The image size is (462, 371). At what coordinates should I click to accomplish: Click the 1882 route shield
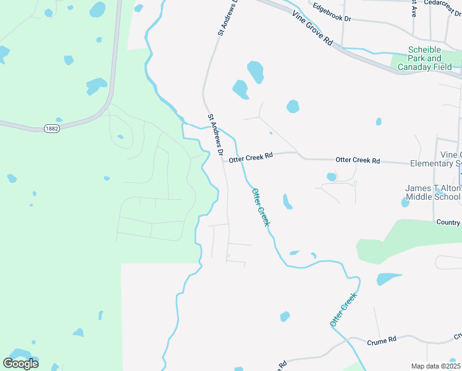(52, 128)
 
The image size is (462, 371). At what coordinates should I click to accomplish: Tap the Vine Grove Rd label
(313, 28)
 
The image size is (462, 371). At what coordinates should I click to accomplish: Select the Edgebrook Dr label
(332, 14)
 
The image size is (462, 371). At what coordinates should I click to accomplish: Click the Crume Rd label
(381, 341)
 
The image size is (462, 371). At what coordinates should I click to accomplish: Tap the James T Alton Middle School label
(432, 192)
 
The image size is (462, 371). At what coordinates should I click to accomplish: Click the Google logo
(20, 363)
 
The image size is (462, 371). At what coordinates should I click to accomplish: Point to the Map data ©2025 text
(435, 366)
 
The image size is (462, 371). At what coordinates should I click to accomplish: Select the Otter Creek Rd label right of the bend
(357, 160)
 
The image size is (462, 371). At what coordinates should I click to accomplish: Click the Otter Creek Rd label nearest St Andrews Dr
(250, 158)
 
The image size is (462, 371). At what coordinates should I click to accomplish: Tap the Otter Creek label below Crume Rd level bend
(343, 310)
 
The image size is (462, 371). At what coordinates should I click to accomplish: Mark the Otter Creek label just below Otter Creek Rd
(261, 207)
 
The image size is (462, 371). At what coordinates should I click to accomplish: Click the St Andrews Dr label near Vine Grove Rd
(228, 17)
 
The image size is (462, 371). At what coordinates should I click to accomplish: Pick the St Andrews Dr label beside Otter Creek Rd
(216, 134)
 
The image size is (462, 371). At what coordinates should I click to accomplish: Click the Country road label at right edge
(448, 222)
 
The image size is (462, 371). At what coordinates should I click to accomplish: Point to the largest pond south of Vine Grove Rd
(254, 72)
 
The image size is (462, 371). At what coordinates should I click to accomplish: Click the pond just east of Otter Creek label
(287, 202)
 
